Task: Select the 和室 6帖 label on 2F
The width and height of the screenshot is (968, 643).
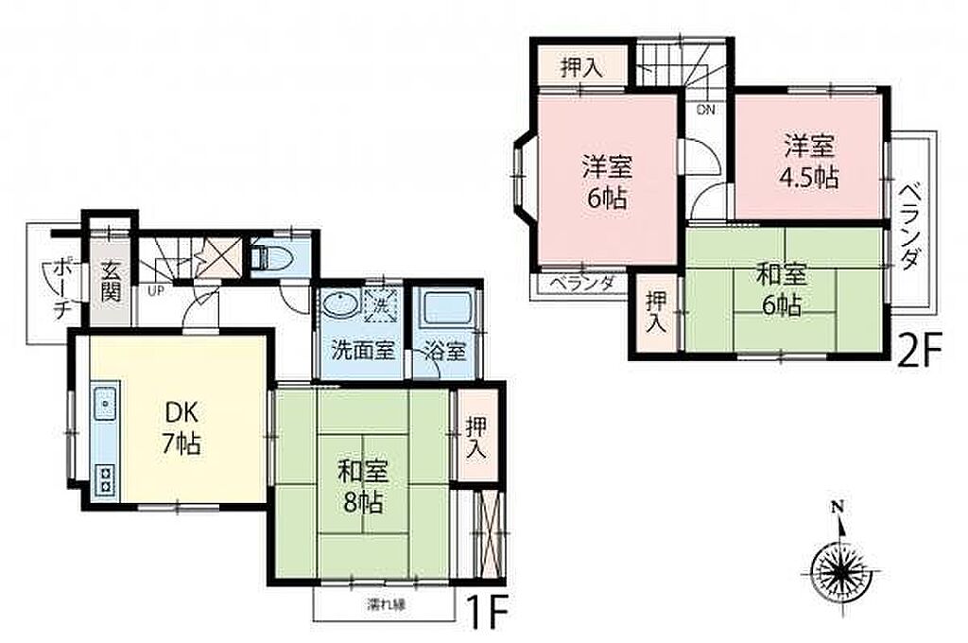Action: pyautogui.click(x=782, y=289)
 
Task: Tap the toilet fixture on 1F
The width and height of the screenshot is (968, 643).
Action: pyautogui.click(x=272, y=255)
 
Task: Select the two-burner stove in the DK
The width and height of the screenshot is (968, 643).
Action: pyautogui.click(x=106, y=479)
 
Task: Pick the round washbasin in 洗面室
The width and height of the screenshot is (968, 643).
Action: pyautogui.click(x=339, y=305)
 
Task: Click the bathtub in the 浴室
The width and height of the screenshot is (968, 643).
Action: pyautogui.click(x=447, y=309)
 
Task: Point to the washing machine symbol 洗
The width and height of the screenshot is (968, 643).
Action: pyautogui.click(x=379, y=304)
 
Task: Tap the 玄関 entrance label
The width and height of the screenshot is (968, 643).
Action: pyautogui.click(x=111, y=282)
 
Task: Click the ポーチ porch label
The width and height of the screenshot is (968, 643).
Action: pyautogui.click(x=61, y=289)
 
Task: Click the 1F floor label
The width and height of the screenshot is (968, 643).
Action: pyautogui.click(x=487, y=613)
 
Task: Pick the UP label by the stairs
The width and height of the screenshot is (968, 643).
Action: pyautogui.click(x=156, y=290)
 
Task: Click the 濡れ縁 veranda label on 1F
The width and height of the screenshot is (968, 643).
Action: pyautogui.click(x=387, y=605)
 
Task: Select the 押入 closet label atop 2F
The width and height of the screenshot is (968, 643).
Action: pyautogui.click(x=582, y=67)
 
